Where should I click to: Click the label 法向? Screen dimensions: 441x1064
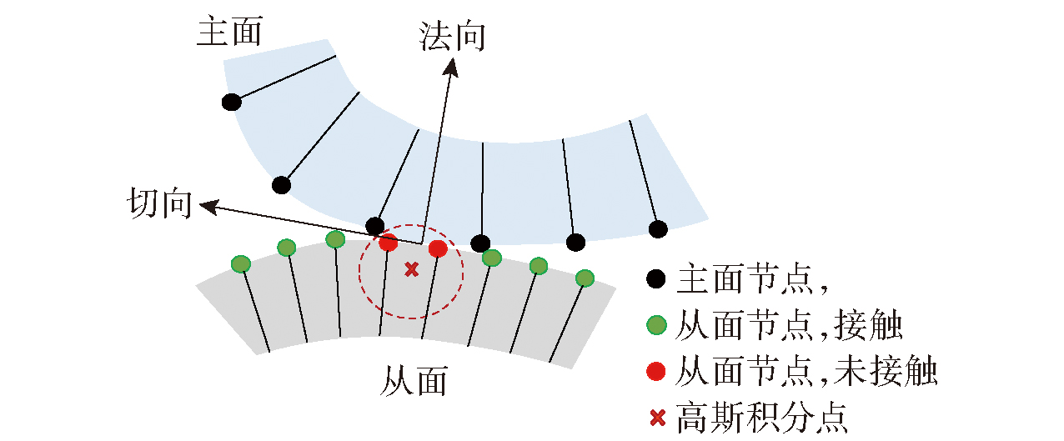tap(452, 38)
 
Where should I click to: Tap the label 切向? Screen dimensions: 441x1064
tap(159, 203)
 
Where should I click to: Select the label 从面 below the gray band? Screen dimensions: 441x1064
tap(414, 382)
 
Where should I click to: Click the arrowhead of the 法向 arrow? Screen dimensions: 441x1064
tap(451, 68)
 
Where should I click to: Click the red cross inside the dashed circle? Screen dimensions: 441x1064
tap(411, 268)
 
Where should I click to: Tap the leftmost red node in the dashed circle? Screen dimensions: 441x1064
tap(389, 243)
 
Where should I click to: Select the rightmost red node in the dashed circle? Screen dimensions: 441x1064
tap(438, 248)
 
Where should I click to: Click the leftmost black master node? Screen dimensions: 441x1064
tap(232, 103)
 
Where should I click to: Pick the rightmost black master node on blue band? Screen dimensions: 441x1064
tap(659, 228)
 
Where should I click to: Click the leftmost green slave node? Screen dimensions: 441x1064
tap(240, 264)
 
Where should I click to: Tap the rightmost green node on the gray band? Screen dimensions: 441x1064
tap(585, 278)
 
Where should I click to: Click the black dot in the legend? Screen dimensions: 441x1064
tap(657, 279)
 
